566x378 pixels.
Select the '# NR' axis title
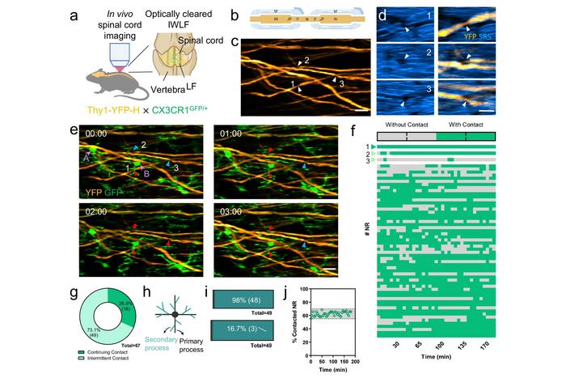(x=365, y=234)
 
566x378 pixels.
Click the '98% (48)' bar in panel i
(x=243, y=299)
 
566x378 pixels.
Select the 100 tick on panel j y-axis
(x=306, y=290)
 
